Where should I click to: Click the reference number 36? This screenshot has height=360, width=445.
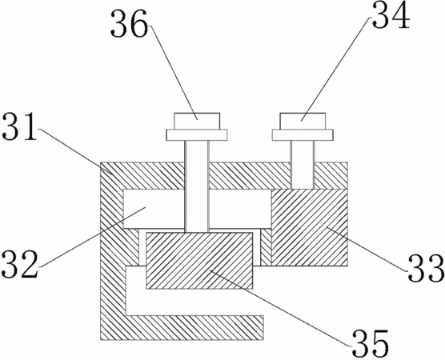point(129,23)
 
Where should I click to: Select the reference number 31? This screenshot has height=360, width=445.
point(19,126)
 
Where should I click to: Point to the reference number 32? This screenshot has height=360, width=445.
point(19,264)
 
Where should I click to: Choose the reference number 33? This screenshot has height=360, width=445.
point(426,267)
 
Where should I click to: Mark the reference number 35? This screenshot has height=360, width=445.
point(371,343)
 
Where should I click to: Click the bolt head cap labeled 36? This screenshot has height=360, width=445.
point(197,121)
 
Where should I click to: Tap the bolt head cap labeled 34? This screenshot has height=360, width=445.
point(303,121)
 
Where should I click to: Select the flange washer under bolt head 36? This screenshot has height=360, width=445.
point(197,134)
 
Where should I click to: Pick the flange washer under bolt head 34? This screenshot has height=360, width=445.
point(303,134)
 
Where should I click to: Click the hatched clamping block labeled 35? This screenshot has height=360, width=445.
point(199,261)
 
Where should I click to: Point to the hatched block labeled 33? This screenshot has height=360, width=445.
point(310,227)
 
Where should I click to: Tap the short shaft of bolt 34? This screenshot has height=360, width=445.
point(303,165)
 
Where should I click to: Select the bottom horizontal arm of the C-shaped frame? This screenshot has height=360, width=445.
point(194,327)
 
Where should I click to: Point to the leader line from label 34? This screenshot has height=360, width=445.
point(336,69)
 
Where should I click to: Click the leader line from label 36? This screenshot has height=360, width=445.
point(173,72)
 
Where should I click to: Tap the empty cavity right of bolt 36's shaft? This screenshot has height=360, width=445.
point(240,209)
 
